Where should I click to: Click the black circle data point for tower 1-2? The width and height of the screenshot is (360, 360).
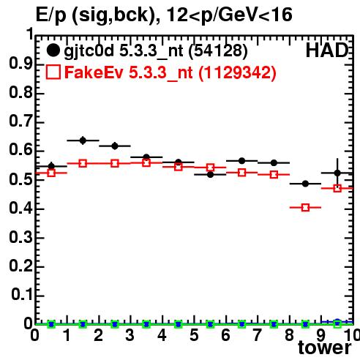point(83,140)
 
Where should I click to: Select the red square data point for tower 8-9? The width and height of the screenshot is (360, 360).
point(305,208)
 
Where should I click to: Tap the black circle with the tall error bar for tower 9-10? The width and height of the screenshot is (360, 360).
point(337,173)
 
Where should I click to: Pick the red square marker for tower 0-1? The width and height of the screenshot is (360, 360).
point(51,173)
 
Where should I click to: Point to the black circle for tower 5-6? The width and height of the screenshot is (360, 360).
point(210,175)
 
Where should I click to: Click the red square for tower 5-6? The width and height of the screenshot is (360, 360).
point(210,168)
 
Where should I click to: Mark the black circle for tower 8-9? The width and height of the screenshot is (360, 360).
point(305,184)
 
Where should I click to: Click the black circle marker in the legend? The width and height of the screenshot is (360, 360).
point(53,50)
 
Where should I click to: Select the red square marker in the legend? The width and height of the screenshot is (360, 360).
point(53,72)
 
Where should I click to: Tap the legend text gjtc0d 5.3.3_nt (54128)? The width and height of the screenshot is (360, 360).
point(156,51)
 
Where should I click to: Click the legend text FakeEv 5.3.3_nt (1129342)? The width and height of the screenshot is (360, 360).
point(170,72)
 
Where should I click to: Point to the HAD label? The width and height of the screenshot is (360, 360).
point(327,50)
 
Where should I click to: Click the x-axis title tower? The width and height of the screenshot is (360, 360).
point(325,348)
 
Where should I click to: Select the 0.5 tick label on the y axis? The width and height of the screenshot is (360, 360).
point(20,179)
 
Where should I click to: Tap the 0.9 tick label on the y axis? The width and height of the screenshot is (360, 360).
point(20,64)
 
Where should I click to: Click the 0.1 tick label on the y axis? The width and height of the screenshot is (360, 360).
point(21,295)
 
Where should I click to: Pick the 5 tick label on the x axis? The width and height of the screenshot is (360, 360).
point(194,335)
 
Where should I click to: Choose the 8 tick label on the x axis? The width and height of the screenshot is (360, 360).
point(289,335)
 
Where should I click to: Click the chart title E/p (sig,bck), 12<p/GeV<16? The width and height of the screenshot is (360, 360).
point(164,15)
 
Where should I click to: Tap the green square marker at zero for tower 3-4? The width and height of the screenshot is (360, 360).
point(146,324)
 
